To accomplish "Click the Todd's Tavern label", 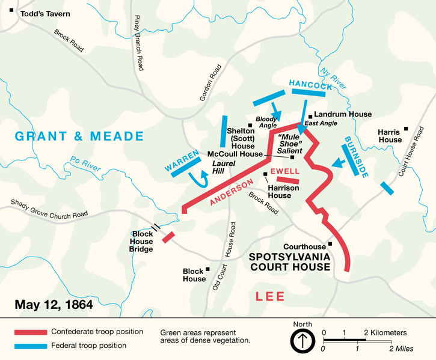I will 45,13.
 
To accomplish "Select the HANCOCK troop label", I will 311,86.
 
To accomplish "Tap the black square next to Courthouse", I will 330,244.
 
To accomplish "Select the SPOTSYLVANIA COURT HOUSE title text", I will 290,261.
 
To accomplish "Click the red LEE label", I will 271,296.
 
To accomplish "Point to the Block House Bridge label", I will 143,241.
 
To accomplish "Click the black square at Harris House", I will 407,128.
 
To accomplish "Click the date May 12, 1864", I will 54,305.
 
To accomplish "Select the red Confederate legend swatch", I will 30,332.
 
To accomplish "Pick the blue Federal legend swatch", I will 30,346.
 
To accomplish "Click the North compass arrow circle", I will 302,341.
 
